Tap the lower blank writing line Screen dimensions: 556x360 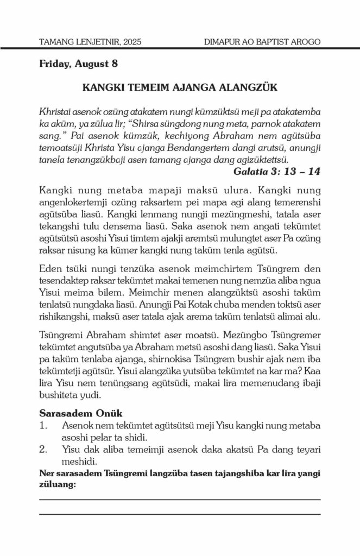pos(180,513)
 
